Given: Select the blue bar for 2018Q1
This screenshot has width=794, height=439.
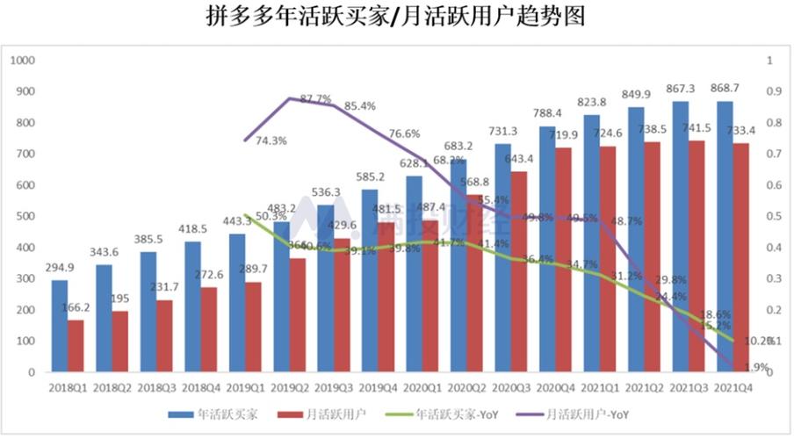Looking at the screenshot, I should click(x=59, y=326).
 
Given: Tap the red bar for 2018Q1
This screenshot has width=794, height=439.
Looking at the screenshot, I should click(x=76, y=346).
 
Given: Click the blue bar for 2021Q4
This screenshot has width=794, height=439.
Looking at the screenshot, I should click(x=725, y=236).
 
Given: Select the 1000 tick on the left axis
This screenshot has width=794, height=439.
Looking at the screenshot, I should click(x=22, y=61).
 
